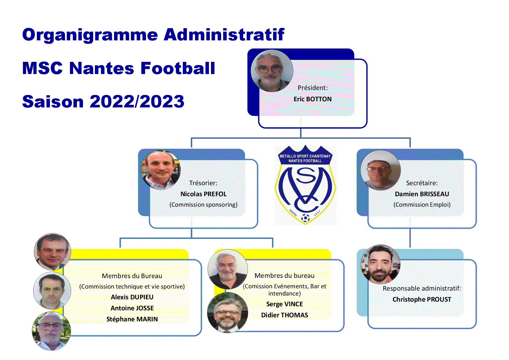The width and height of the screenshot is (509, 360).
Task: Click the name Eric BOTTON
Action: (313, 99)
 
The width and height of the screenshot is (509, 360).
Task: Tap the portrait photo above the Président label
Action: (272, 71)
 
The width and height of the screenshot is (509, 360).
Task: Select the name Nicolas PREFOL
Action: (203, 194)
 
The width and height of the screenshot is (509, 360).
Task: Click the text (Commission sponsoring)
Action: (203, 205)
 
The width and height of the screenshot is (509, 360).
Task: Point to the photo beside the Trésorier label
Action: (161, 170)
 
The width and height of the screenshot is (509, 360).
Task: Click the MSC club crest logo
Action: (305, 185)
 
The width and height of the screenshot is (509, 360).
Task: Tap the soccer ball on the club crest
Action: (305, 218)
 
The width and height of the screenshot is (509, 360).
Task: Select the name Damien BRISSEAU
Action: (422, 194)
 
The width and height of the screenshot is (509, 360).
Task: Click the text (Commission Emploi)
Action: (422, 205)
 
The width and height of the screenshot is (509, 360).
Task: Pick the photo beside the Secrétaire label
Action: (380, 170)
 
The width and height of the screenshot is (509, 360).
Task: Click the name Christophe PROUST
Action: (422, 299)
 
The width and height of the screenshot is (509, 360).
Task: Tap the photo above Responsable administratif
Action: (380, 264)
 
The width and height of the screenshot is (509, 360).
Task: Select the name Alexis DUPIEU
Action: (132, 297)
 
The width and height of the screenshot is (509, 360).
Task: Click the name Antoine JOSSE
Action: (132, 308)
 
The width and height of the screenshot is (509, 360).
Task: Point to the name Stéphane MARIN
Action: (132, 319)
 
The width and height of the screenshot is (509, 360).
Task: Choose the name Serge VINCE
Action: (284, 304)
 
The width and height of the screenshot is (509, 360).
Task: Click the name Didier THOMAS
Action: (284, 315)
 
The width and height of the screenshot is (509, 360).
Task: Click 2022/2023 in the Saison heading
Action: (137, 102)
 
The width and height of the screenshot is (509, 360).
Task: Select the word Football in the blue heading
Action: (178, 68)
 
